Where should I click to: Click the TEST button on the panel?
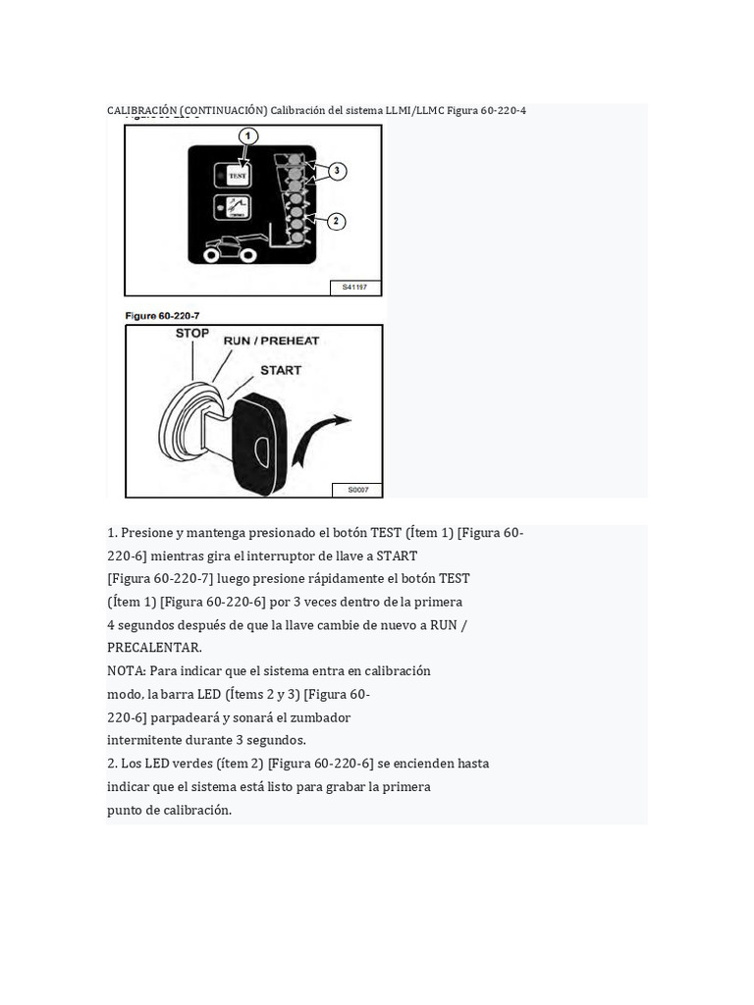click(236, 176)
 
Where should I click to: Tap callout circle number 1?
click(248, 136)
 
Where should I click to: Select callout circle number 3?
click(337, 172)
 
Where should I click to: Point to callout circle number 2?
click(337, 222)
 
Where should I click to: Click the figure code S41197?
click(354, 288)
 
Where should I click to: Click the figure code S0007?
click(357, 489)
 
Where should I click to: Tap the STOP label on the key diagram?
click(192, 334)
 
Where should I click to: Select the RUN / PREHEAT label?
click(271, 341)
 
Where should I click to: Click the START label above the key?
click(281, 370)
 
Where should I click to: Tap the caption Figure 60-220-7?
click(163, 316)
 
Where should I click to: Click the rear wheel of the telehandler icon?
click(209, 254)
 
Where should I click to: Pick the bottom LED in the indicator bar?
click(293, 236)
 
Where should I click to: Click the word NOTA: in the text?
click(127, 671)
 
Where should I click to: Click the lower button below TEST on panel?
click(236, 208)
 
